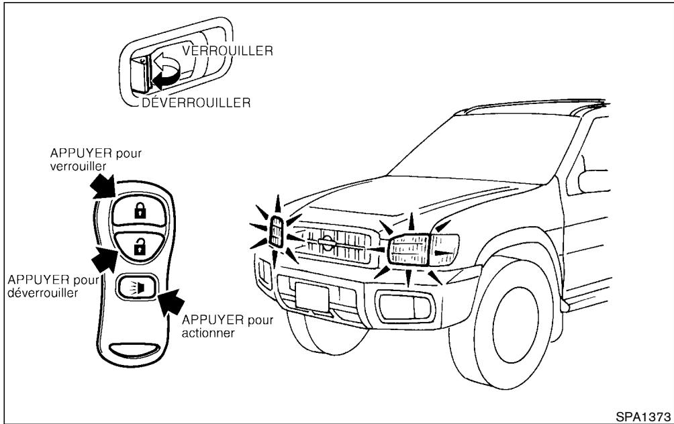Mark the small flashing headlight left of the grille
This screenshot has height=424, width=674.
(276, 231)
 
